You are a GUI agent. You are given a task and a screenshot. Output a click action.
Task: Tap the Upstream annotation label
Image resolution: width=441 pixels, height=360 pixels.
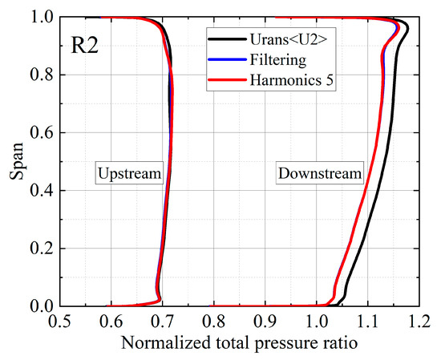tap(129, 173)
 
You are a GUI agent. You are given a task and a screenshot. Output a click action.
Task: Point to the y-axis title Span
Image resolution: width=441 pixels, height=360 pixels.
tap(15, 160)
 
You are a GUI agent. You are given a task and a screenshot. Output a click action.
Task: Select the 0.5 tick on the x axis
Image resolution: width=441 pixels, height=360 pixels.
tap(59, 322)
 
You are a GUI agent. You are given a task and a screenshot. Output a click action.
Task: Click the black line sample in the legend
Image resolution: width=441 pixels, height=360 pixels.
tap(223, 37)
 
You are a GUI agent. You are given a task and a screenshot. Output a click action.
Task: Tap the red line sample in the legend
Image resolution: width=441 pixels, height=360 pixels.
tap(223, 79)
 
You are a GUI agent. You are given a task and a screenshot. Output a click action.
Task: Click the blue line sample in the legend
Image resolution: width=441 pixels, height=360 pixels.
tap(223, 58)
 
